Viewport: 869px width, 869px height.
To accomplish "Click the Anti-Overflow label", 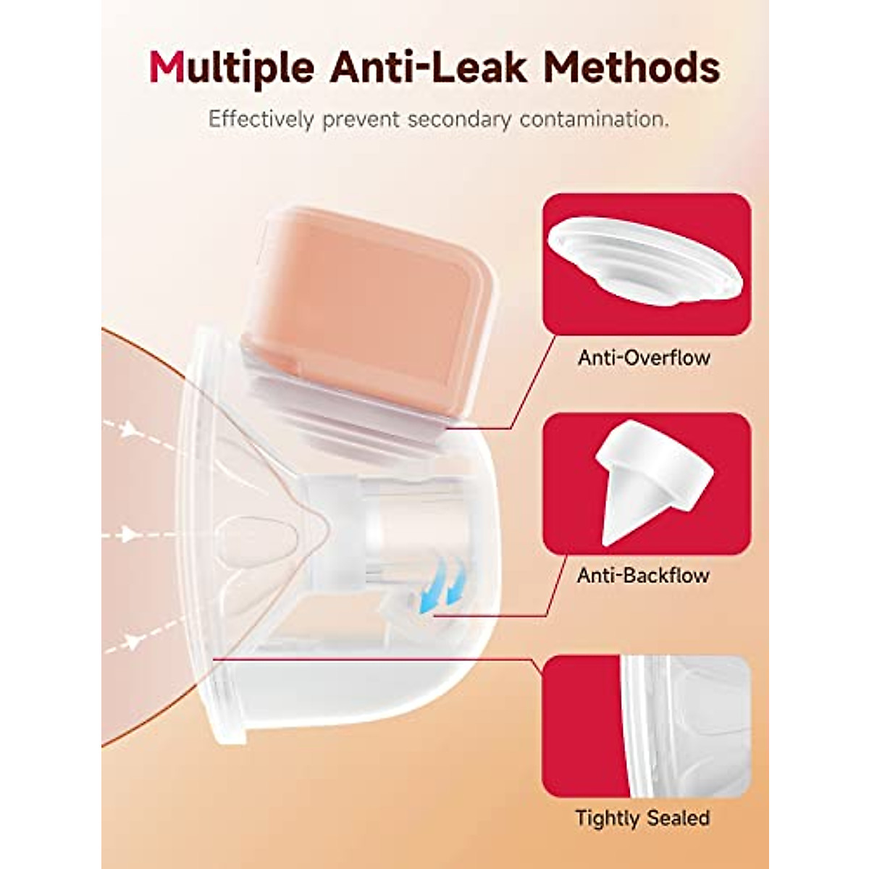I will click(x=644, y=357).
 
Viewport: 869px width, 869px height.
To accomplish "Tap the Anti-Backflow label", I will click(x=644, y=576).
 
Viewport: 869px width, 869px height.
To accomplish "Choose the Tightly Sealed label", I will click(x=642, y=818).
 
